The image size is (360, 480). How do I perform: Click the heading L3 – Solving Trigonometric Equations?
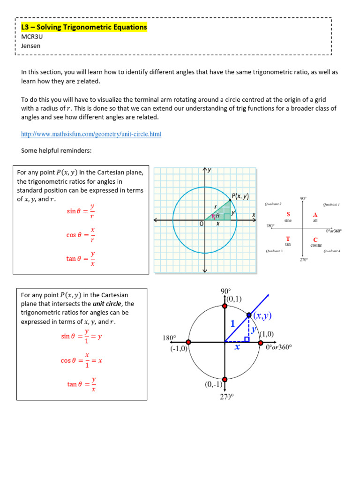[x=84, y=27]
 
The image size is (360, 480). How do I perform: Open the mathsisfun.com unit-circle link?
[x=91, y=134]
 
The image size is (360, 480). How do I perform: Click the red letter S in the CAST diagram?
[x=288, y=214]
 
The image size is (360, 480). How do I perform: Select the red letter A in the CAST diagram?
[x=315, y=214]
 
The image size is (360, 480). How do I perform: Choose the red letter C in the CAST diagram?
[x=315, y=240]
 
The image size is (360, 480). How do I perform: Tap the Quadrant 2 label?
[x=273, y=204]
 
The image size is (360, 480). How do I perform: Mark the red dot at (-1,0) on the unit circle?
[x=188, y=342]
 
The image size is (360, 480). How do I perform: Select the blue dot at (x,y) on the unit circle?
[x=248, y=316]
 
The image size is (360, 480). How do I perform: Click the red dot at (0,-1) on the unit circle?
[x=225, y=379]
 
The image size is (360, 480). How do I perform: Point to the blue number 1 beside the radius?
[x=232, y=323]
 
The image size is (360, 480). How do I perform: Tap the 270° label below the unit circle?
[x=226, y=397]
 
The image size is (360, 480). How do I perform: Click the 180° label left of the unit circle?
[x=169, y=337]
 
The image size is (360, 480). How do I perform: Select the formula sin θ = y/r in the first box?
[x=81, y=211]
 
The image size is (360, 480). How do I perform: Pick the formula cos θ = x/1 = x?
[x=81, y=360]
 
